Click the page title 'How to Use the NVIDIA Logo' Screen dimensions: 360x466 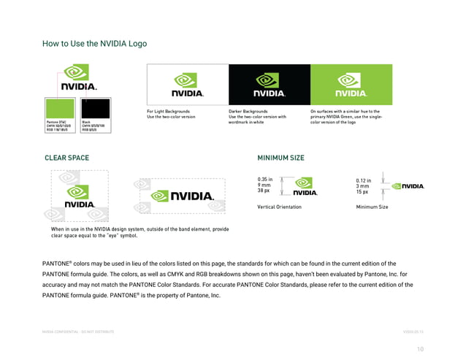pos(94,44)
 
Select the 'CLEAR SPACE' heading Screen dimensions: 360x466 pos(66,158)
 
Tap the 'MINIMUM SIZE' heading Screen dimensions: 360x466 pos(280,158)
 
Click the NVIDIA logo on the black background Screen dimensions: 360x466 pos(269,85)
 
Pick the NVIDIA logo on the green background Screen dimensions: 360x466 pos(351,85)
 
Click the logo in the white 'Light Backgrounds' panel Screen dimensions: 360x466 pos(187,85)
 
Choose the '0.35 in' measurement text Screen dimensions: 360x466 pos(265,179)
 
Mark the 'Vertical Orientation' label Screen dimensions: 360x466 pos(279,207)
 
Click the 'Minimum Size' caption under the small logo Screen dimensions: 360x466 pos(372,207)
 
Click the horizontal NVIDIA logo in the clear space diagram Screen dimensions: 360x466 pos(182,196)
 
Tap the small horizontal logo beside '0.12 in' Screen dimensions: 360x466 pos(408,186)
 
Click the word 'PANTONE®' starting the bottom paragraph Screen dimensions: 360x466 pos(57,263)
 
